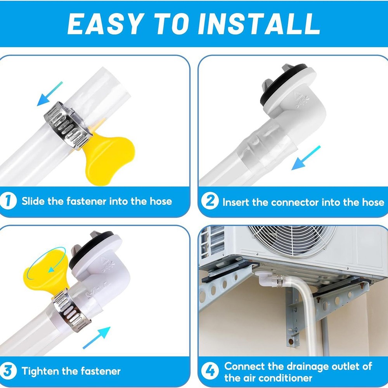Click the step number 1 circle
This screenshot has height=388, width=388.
point(8,201)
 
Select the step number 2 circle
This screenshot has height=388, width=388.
point(210,202)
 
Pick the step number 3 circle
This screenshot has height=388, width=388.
point(8,371)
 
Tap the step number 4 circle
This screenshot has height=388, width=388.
point(210,371)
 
